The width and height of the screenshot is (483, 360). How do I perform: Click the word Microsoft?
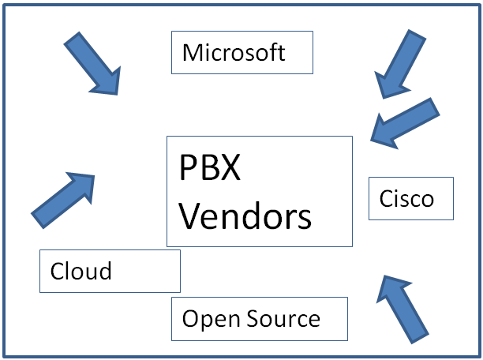point(234,53)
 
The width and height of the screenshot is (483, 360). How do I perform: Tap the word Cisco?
point(406,198)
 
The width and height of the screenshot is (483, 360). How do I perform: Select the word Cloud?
point(81,272)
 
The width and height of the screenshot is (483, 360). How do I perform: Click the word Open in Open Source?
point(208,320)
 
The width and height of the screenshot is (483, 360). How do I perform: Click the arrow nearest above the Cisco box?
point(405,122)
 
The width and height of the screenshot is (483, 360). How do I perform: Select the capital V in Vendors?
point(189,215)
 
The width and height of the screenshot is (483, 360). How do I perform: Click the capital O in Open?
point(190,319)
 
